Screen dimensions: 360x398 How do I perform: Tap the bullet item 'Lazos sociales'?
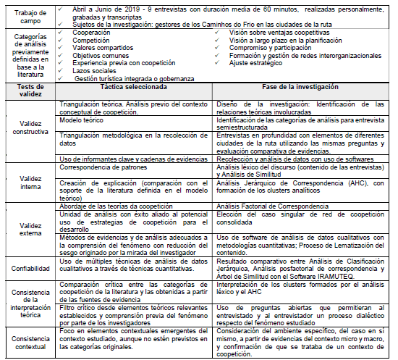point(95,70)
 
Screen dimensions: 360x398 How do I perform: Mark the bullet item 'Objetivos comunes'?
point(101,55)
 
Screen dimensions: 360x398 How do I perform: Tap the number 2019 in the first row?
point(131,5)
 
